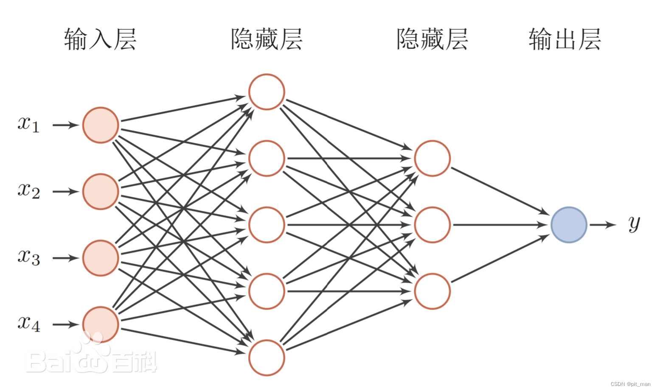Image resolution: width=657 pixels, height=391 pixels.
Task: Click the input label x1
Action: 28,124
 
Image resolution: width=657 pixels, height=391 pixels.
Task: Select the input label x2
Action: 28,191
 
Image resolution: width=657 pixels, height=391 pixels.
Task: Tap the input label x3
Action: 28,257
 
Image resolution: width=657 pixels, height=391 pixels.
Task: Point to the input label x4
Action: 28,324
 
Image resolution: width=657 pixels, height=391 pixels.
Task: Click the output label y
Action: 634,223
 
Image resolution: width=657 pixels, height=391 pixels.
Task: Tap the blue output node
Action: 569,225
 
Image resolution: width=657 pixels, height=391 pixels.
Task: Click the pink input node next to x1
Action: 101,125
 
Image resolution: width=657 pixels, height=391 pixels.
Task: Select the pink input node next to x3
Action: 101,258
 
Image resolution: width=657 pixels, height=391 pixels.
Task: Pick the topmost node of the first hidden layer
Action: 267,92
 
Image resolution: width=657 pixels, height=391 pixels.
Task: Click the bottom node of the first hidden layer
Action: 267,357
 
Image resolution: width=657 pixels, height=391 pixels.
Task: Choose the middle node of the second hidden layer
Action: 432,225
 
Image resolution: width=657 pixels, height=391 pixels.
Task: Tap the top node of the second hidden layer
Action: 432,158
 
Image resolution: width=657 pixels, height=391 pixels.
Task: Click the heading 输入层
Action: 100,39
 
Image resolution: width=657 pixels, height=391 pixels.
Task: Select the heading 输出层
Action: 564,39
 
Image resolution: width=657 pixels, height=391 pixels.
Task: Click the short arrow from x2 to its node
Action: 65,192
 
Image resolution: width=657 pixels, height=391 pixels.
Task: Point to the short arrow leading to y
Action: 603,225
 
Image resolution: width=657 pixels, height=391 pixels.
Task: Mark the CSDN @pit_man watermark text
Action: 630,384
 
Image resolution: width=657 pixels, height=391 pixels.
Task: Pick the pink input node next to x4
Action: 101,324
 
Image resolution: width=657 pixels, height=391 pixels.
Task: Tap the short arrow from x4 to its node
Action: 65,324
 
